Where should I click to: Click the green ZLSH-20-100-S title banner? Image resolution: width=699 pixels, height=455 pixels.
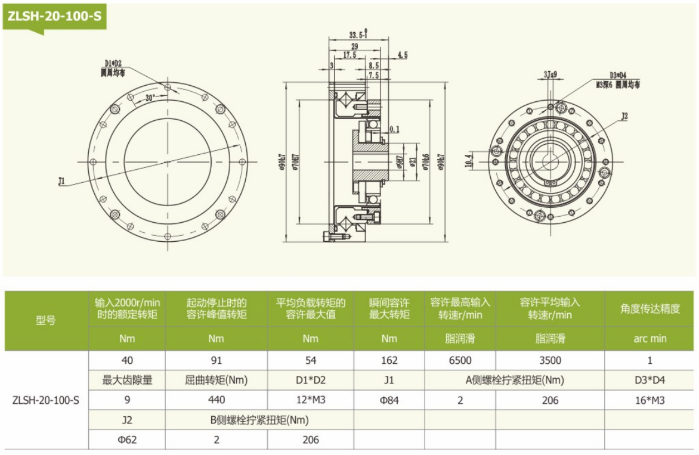[x=54, y=17]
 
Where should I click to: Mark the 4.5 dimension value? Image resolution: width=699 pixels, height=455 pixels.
[x=401, y=55]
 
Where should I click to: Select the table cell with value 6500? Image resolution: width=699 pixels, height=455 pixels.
[x=460, y=360]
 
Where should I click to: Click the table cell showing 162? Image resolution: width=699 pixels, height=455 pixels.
[x=389, y=360]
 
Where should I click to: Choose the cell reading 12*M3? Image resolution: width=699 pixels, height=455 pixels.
[x=310, y=400]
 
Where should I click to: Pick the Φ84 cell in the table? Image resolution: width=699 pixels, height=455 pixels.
[x=389, y=400]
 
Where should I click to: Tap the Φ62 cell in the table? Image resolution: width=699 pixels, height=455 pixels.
[x=127, y=440]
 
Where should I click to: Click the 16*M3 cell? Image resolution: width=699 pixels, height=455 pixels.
[x=649, y=400]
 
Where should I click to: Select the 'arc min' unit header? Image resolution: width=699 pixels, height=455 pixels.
[x=649, y=338]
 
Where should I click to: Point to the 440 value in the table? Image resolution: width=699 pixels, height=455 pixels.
[x=216, y=400]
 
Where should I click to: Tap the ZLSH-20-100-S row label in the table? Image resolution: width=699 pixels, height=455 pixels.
[x=46, y=400]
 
